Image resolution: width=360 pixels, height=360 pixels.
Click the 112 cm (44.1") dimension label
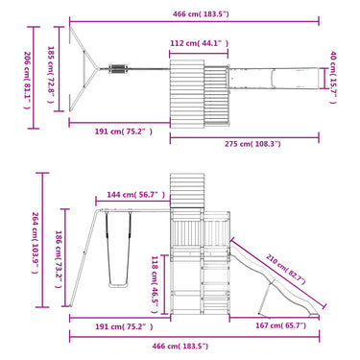[200, 43]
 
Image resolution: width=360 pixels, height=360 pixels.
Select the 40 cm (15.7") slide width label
[333, 78]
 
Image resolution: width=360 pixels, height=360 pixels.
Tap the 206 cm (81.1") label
[28, 81]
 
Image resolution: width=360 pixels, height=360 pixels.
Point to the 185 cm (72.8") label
[51, 75]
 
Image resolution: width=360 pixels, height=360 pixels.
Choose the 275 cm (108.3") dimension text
[252, 144]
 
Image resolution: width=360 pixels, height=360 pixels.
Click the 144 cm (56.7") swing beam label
[136, 195]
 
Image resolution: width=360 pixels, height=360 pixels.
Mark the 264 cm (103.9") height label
[36, 243]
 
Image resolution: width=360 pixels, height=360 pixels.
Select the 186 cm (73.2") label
[59, 259]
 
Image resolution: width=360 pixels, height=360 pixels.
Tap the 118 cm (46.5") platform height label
[155, 284]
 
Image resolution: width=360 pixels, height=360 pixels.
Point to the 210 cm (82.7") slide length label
[286, 270]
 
